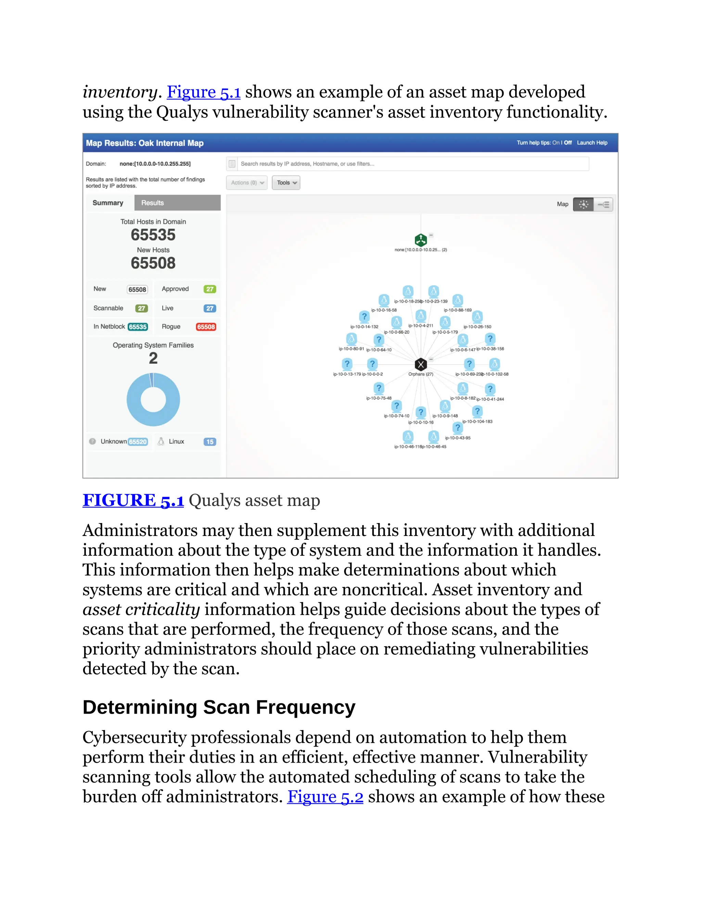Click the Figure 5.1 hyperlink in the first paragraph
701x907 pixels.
204,92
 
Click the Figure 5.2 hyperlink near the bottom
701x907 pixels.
325,796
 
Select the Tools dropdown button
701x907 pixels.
286,183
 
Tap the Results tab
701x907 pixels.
177,203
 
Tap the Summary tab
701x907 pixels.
108,203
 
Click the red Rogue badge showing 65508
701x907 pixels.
206,327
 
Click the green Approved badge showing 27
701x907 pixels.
210,289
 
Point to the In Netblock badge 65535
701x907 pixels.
138,327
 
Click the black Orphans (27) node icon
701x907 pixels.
421,365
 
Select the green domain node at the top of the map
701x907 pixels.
421,240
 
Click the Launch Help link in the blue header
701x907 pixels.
592,143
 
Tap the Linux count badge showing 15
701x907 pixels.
210,442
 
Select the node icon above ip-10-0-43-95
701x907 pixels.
457,428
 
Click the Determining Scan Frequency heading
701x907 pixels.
219,707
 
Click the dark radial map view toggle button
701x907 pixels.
583,204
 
